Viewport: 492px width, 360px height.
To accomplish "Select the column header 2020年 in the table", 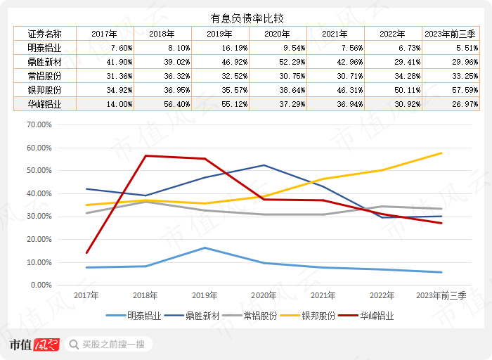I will pyautogui.click(x=278, y=34).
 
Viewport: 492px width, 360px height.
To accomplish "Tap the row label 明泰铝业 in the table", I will pyautogui.click(x=44, y=48).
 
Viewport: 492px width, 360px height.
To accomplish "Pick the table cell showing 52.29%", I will pyautogui.click(x=278, y=62).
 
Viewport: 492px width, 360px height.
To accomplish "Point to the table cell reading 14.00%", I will pyautogui.click(x=103, y=104).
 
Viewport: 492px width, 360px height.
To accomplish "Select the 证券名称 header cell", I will pyautogui.click(x=44, y=34).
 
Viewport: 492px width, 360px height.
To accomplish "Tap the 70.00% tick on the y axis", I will pyautogui.click(x=39, y=124).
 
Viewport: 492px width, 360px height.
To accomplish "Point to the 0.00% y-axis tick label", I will pyautogui.click(x=41, y=285).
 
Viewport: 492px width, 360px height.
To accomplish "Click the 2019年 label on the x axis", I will pyautogui.click(x=205, y=296).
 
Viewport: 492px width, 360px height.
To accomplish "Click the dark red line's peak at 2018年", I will pyautogui.click(x=145, y=155).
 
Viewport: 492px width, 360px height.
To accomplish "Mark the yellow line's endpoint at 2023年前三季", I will pyautogui.click(x=441, y=153).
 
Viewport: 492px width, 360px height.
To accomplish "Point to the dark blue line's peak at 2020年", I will pyautogui.click(x=264, y=165).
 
